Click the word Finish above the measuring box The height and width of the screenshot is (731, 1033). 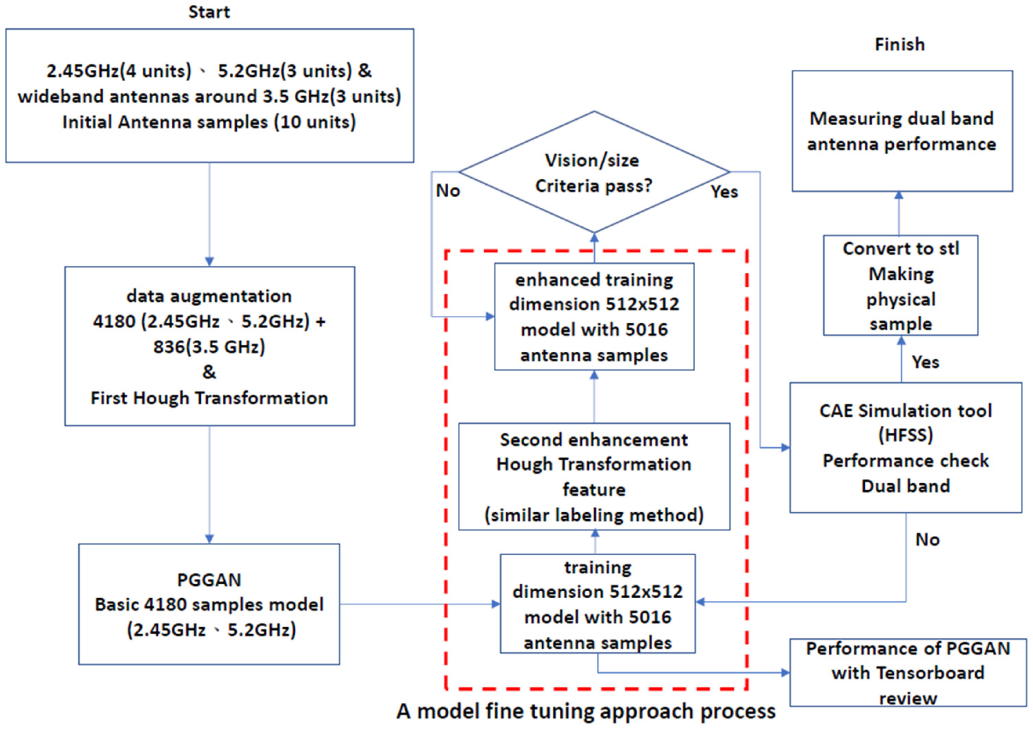coord(899,44)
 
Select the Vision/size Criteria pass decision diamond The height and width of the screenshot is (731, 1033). coord(594,173)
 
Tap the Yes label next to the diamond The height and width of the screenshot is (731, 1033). coord(724,192)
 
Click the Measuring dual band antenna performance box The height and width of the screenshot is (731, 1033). coord(902,131)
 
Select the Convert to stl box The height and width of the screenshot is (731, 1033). coord(900,285)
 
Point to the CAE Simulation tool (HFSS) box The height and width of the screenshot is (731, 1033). coord(905,447)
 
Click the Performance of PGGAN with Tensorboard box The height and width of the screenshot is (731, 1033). coord(907,673)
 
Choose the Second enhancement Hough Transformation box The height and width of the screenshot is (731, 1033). coord(594,477)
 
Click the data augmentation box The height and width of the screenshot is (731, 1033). coord(209,346)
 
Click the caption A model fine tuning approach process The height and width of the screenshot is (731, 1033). coord(586,711)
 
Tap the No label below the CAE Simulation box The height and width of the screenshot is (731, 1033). coord(927,540)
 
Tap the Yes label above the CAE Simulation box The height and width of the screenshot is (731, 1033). coord(925,362)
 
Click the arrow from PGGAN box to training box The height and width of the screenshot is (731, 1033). coord(419,604)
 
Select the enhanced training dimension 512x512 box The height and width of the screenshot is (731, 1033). coord(594,317)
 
